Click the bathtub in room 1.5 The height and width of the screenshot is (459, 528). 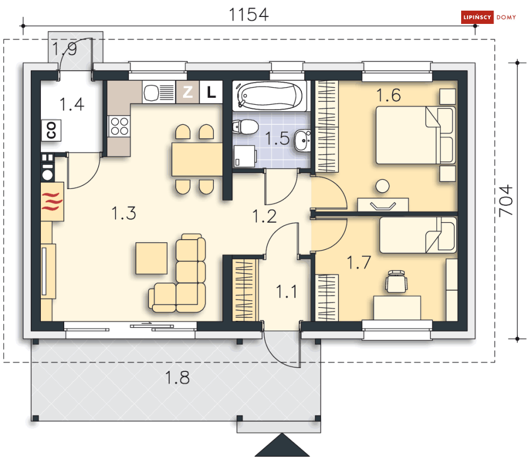(270, 96)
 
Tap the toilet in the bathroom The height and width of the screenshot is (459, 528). (246, 127)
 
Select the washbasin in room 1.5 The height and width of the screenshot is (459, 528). (302, 141)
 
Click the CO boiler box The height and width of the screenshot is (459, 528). (51, 130)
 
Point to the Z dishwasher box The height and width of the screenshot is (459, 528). (187, 92)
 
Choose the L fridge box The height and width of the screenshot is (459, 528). (211, 92)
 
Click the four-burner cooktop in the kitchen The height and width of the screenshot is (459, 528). (119, 126)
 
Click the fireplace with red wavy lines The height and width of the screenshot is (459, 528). (52, 201)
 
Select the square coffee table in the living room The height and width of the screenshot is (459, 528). (152, 258)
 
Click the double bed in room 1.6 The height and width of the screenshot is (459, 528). (416, 135)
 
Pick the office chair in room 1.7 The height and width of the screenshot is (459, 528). (396, 282)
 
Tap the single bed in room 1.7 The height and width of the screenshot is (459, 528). (418, 235)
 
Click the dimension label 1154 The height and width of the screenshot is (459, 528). (248, 14)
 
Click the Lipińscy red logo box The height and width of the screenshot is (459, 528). (477, 17)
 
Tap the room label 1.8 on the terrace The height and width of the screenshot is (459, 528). (177, 378)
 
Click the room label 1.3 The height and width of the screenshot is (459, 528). (124, 214)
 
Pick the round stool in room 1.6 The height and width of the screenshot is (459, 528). (383, 186)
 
